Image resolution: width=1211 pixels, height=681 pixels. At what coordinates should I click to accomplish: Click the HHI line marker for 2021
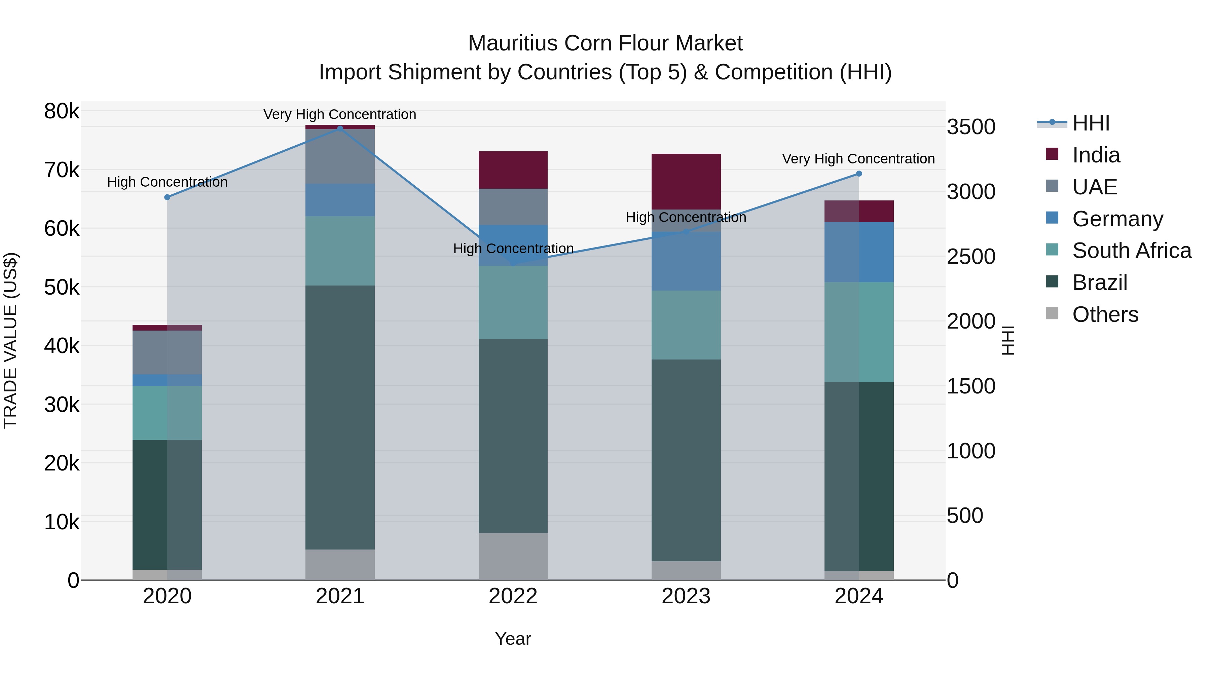[340, 128]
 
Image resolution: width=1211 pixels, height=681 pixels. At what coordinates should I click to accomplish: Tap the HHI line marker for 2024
[858, 174]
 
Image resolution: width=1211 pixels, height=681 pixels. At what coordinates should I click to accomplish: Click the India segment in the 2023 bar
[686, 181]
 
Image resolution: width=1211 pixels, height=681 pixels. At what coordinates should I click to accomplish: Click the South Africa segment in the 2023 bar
[686, 325]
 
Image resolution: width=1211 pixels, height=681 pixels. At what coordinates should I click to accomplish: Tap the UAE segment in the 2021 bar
[340, 156]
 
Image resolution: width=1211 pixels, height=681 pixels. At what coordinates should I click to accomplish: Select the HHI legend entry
[1091, 123]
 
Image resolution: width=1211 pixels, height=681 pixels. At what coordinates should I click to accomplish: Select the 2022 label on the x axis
[513, 596]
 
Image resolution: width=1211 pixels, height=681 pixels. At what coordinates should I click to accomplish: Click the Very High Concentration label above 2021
[339, 114]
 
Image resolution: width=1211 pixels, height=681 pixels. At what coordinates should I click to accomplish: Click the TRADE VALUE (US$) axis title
[10, 340]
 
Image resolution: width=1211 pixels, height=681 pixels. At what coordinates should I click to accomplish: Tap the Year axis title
[513, 639]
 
